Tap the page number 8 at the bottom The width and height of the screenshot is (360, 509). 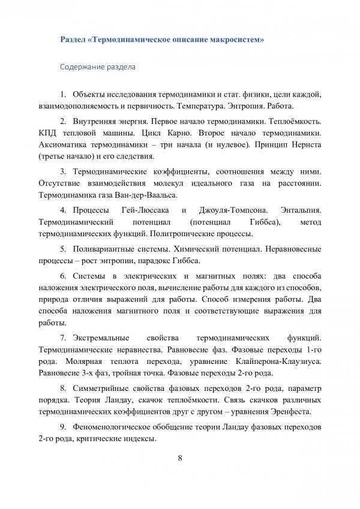pyautogui.click(x=180, y=459)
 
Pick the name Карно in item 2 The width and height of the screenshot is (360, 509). pyautogui.click(x=185, y=132)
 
